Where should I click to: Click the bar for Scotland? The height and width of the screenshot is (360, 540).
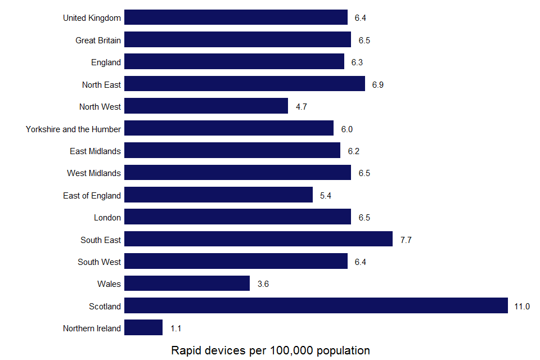(x=316, y=305)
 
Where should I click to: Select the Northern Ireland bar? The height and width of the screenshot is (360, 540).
(x=143, y=328)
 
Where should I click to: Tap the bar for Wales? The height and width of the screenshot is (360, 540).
(x=187, y=283)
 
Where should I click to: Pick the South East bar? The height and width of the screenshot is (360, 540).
(x=258, y=239)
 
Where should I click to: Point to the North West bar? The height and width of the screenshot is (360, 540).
(x=206, y=106)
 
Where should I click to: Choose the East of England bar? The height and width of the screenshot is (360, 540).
(x=218, y=195)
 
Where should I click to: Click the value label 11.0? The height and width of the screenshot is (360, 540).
(x=522, y=307)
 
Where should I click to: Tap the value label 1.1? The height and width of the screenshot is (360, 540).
(x=175, y=328)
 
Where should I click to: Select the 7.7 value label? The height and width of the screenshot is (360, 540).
(x=406, y=240)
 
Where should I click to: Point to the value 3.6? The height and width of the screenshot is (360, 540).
(x=263, y=284)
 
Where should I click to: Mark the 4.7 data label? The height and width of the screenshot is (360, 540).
(x=301, y=107)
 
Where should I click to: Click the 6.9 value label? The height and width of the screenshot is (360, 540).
(x=378, y=85)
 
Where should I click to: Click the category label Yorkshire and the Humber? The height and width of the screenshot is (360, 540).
(x=73, y=129)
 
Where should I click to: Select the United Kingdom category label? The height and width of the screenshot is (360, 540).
(x=92, y=18)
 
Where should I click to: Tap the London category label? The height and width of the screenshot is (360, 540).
(x=107, y=218)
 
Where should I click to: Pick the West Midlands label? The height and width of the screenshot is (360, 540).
(x=94, y=173)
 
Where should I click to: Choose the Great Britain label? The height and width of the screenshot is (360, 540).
(x=98, y=40)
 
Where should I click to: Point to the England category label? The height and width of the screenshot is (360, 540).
(x=106, y=62)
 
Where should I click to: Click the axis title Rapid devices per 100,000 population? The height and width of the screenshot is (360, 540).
(x=270, y=350)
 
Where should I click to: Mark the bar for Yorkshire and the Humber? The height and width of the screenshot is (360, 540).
(x=229, y=128)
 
